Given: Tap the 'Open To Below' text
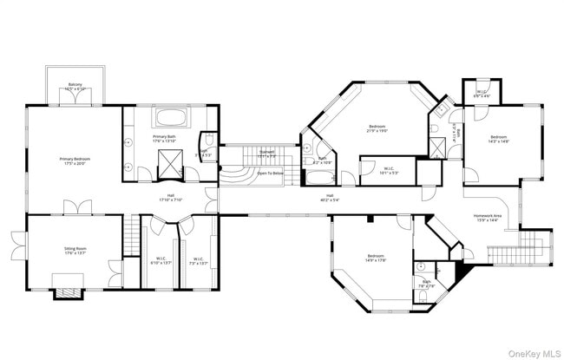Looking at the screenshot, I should coord(270,173).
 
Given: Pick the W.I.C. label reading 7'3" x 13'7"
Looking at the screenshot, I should coord(198,259).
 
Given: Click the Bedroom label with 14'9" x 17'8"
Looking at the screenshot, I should coord(375,258).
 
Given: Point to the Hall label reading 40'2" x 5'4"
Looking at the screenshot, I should coord(330,198).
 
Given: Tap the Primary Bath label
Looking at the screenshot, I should coord(165,139).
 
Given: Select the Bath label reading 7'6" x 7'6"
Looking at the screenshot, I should coord(427,284).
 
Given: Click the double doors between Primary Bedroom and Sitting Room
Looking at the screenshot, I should coord(74,209).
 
